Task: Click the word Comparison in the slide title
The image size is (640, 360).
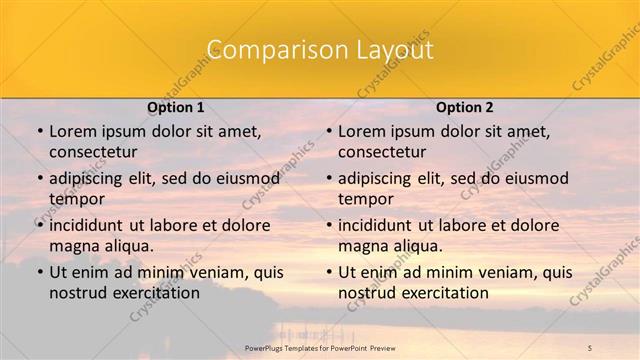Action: pos(266,50)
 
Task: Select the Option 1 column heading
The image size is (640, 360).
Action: pos(176,106)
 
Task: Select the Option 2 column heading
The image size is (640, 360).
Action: pos(465,106)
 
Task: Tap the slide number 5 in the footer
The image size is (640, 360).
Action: pos(590,347)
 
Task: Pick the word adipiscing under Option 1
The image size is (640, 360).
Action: pos(88,179)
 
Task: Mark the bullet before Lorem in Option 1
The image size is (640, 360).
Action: pos(39,131)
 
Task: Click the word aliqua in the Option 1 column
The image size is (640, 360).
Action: pos(127,246)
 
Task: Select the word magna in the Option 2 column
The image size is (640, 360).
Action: pos(361,246)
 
